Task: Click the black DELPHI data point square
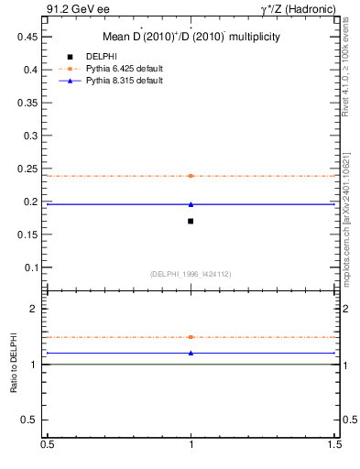(191, 221)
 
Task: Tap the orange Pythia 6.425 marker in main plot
(191, 175)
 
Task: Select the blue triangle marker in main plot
(191, 204)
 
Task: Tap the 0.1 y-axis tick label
(34, 267)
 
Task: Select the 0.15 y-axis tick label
(31, 234)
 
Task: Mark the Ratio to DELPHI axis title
(15, 364)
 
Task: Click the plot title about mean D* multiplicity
(191, 37)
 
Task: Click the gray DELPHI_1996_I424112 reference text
(191, 274)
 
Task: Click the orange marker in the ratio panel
(191, 337)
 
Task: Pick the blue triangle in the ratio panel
(191, 353)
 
